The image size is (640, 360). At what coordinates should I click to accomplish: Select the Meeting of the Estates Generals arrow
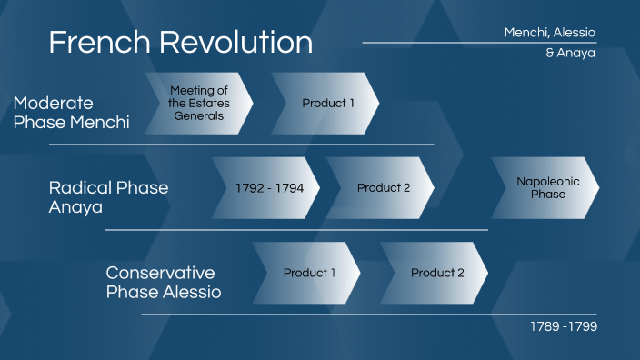[x=197, y=103]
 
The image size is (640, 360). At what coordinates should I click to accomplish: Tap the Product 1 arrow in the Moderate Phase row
[x=327, y=103]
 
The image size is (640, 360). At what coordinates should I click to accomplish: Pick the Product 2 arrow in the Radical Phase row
[x=383, y=188]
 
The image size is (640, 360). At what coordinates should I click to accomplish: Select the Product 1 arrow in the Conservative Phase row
[x=308, y=273]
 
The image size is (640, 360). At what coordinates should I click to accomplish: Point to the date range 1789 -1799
[x=564, y=326]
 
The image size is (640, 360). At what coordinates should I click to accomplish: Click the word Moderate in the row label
[x=54, y=103]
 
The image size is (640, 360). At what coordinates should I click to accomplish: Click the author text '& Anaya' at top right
[x=570, y=53]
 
